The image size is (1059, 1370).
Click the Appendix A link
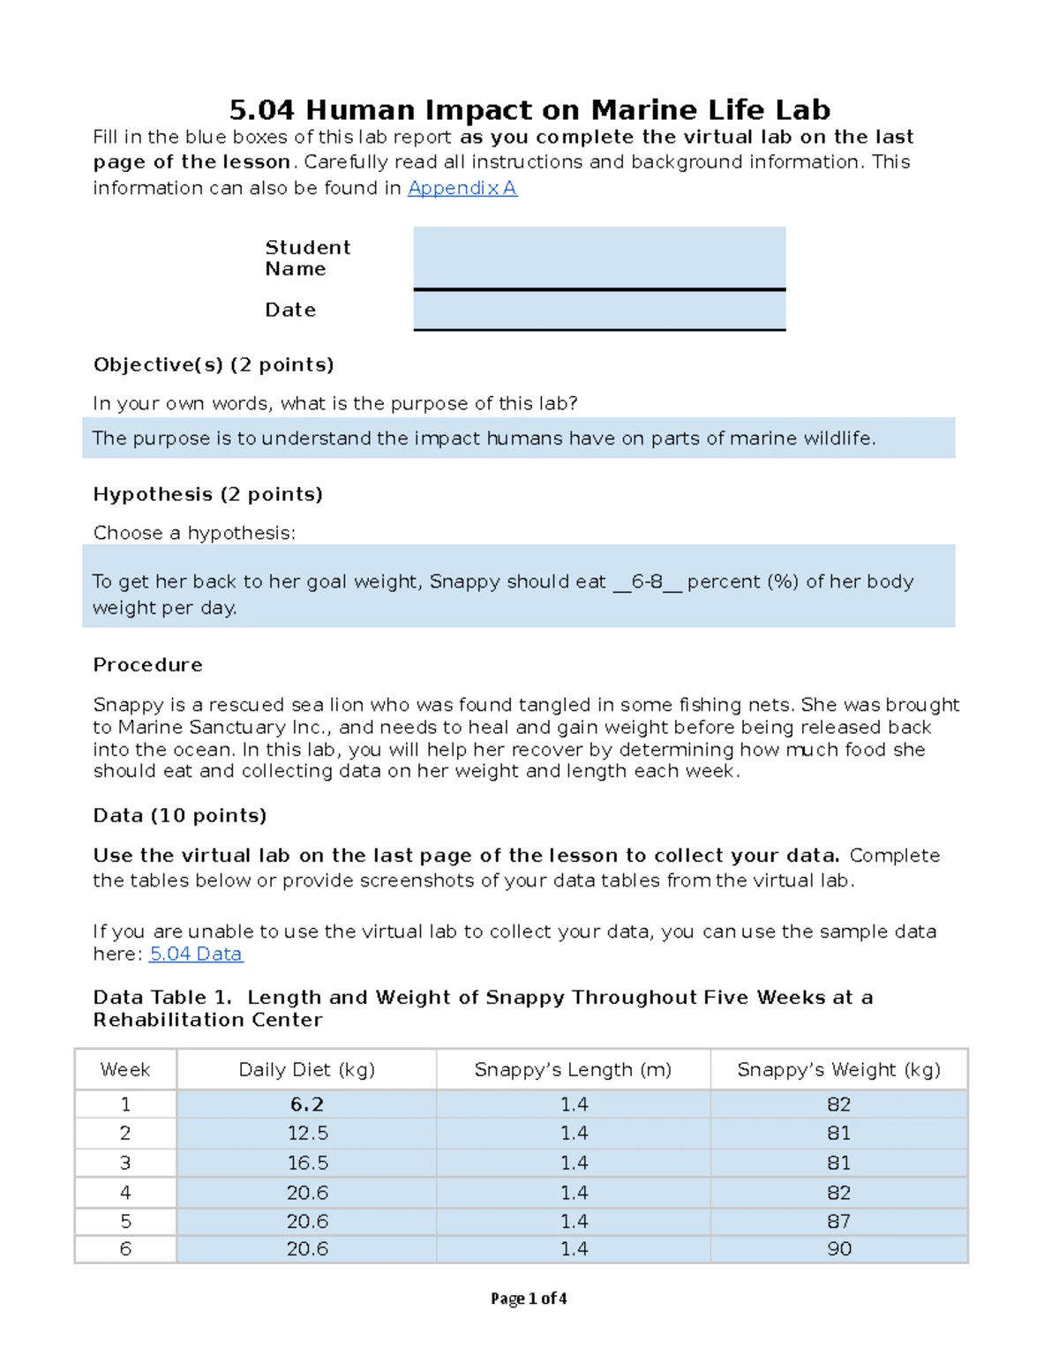pyautogui.click(x=462, y=188)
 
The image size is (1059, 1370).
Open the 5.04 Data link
pyautogui.click(x=196, y=954)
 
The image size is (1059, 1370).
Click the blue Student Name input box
pyautogui.click(x=599, y=257)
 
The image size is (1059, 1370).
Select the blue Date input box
pyautogui.click(x=599, y=310)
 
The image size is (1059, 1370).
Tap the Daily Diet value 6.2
pyautogui.click(x=306, y=1104)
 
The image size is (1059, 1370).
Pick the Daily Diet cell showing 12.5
pyautogui.click(x=306, y=1133)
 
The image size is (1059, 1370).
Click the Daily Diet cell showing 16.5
pyautogui.click(x=306, y=1163)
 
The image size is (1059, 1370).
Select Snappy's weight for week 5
pyautogui.click(x=838, y=1221)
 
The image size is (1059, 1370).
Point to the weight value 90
pyautogui.click(x=838, y=1249)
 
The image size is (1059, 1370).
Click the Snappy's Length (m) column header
pyautogui.click(x=573, y=1069)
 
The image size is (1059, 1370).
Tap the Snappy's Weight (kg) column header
pyautogui.click(x=838, y=1069)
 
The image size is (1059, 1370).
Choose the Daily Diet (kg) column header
pyautogui.click(x=306, y=1069)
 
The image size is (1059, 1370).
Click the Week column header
pyautogui.click(x=125, y=1069)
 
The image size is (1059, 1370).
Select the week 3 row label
pyautogui.click(x=125, y=1163)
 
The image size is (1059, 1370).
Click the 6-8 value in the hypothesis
pyautogui.click(x=647, y=581)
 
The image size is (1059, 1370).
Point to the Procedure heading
pyautogui.click(x=147, y=664)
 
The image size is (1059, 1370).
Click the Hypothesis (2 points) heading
pyautogui.click(x=207, y=494)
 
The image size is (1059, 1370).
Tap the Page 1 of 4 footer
pyautogui.click(x=529, y=1299)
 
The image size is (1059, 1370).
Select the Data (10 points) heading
pyautogui.click(x=179, y=815)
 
